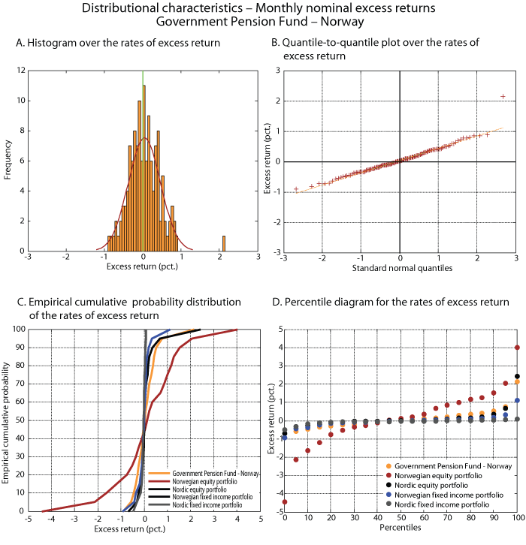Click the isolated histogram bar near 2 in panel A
tap(223, 243)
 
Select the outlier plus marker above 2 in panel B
tap(503, 96)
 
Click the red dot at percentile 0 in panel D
tap(285, 501)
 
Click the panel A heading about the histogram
tap(118, 43)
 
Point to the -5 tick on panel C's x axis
tap(27, 518)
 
